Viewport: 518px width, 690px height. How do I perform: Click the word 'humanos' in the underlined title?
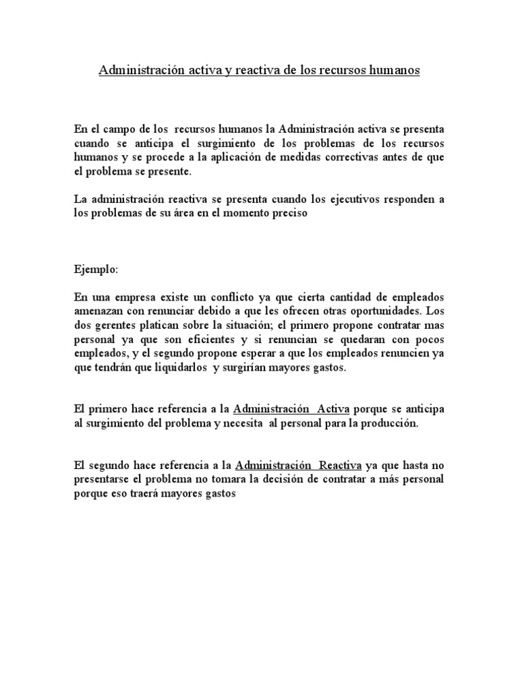pyautogui.click(x=393, y=70)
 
